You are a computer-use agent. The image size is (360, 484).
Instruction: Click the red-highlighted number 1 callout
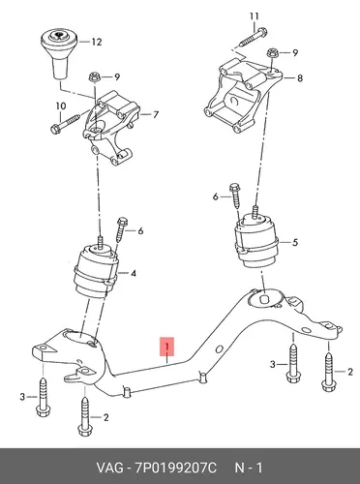coord(167,347)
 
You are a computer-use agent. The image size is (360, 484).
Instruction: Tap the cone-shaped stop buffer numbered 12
coord(60,53)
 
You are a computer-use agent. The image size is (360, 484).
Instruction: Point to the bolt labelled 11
coord(253,38)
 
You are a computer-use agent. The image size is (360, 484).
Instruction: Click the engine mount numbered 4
coord(95,271)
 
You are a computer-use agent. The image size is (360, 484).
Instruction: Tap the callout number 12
coord(97,42)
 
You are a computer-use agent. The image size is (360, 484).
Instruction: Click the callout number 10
coord(61,106)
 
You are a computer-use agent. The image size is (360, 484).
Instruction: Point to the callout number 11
coord(255,15)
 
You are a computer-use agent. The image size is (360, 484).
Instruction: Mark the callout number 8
coord(300,78)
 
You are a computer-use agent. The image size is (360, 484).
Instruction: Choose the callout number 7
coord(156,114)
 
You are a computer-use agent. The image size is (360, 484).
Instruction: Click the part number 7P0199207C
coord(176,468)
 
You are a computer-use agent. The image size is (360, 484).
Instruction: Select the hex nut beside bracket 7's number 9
coord(95,77)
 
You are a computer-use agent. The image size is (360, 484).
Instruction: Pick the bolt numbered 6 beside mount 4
coord(121,229)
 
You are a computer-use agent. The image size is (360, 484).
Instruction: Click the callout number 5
coord(295,242)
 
